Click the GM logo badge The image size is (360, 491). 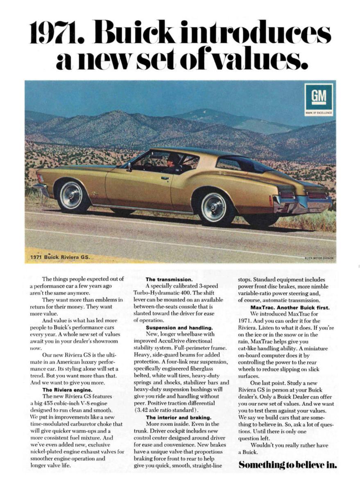pos(319,99)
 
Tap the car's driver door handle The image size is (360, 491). pos(165,178)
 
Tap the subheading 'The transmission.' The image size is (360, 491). pos(166,279)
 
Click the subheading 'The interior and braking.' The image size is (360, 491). pos(179,417)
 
